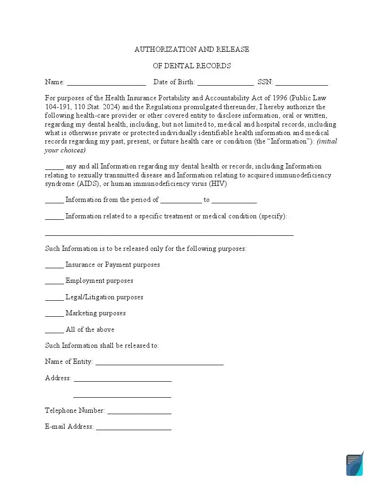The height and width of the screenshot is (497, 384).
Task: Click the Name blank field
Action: (106, 83)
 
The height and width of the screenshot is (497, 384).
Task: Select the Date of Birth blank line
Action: (225, 83)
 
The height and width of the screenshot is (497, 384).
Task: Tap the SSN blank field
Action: (302, 83)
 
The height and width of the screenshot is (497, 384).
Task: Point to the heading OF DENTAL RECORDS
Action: (192, 66)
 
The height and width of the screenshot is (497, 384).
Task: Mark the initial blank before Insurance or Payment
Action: (54, 266)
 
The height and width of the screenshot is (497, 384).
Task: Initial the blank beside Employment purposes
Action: (54, 282)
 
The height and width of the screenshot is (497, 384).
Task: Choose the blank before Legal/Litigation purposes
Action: (54, 298)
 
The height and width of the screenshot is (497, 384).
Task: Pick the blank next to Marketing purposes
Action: (54, 314)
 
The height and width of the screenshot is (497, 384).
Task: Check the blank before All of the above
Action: (54, 331)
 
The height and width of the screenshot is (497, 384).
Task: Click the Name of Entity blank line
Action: (159, 363)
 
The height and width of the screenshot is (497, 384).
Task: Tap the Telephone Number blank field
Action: (139, 412)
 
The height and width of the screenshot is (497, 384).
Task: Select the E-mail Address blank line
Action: (134, 428)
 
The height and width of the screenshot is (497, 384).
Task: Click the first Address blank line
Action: (122, 379)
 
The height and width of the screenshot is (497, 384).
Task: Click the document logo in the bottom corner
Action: (355, 464)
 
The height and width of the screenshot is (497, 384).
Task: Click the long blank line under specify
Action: (169, 233)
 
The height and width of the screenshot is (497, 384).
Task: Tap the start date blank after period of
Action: (181, 201)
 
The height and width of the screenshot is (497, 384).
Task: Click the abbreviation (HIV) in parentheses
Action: (218, 184)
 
